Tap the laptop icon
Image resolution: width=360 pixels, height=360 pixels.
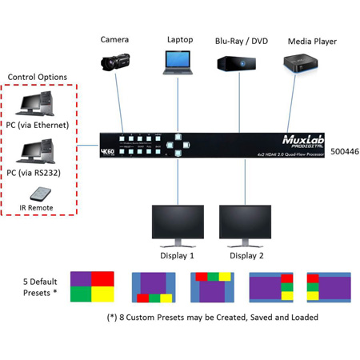click(x=178, y=62)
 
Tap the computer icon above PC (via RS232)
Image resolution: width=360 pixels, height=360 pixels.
click(x=40, y=151)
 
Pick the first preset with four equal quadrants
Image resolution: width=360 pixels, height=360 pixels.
click(x=93, y=287)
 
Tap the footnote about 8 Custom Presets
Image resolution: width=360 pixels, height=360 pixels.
click(x=212, y=318)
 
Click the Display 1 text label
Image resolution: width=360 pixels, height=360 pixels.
click(x=178, y=256)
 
